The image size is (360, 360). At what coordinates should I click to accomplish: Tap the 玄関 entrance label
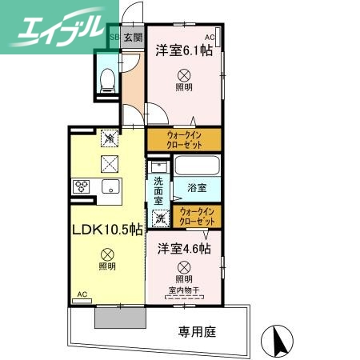pyautogui.click(x=134, y=38)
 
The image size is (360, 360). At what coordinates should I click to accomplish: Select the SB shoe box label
pyautogui.click(x=114, y=38)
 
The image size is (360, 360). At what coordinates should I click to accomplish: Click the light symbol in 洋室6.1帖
pyautogui.click(x=184, y=73)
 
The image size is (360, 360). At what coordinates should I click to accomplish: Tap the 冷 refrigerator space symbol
pyautogui.click(x=107, y=138)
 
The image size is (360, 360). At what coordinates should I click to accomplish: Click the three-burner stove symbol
pyautogui.click(x=81, y=186)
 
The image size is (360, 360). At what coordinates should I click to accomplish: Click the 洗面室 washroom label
pyautogui.click(x=159, y=193)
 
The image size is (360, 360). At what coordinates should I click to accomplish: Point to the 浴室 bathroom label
pyautogui.click(x=197, y=188)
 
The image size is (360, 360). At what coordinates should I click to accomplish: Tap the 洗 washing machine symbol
pyautogui.click(x=160, y=218)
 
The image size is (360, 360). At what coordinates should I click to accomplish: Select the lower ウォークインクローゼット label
pyautogui.click(x=198, y=216)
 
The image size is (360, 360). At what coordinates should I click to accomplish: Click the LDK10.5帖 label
pyautogui.click(x=106, y=230)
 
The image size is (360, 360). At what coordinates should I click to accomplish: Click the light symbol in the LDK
pyautogui.click(x=107, y=252)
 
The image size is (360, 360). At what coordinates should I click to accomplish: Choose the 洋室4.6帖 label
pyautogui.click(x=184, y=249)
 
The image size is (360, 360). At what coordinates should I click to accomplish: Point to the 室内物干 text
pyautogui.click(x=185, y=290)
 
